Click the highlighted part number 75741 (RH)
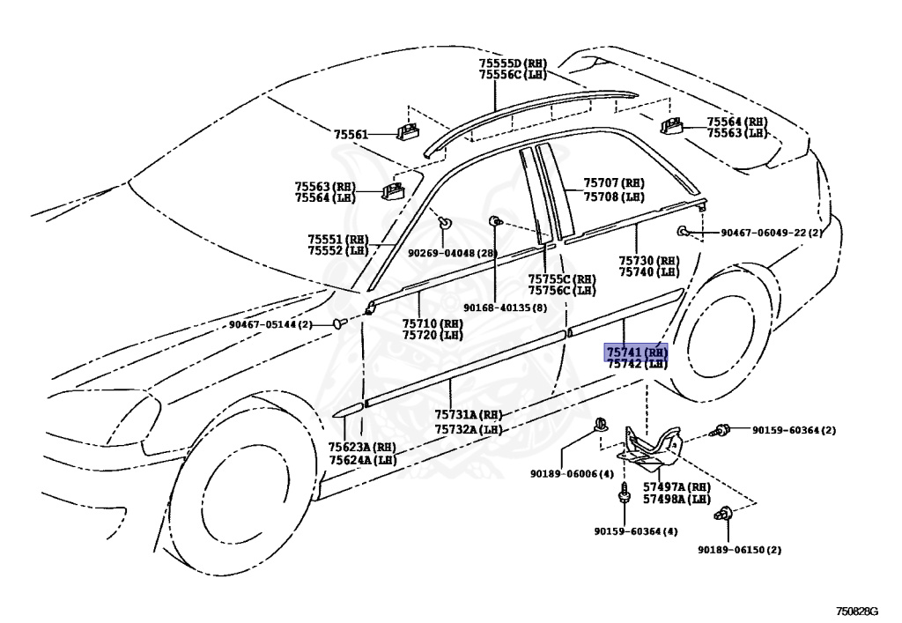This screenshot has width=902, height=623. click(x=635, y=352)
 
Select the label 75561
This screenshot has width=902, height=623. click(x=351, y=134)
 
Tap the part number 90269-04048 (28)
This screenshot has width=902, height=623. click(x=453, y=253)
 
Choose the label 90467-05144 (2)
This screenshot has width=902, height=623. click(x=270, y=324)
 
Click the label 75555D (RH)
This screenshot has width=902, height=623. click(x=513, y=63)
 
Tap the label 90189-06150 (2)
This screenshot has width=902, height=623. click(x=740, y=550)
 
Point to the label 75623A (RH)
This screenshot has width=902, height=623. click(x=362, y=448)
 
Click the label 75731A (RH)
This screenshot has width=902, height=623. click(x=468, y=416)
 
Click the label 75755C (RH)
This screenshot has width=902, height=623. click(x=561, y=279)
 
